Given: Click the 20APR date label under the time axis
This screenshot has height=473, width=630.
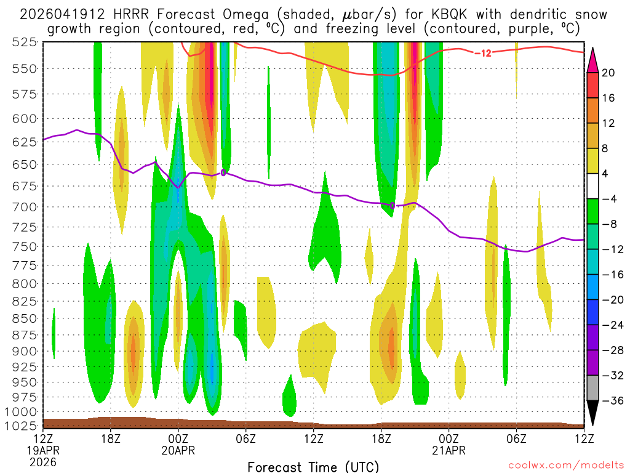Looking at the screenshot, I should (178, 450).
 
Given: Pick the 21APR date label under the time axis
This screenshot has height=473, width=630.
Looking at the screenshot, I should (449, 450).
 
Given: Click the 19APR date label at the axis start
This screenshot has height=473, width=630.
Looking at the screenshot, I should (43, 450).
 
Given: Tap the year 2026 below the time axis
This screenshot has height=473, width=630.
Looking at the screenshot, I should (43, 461).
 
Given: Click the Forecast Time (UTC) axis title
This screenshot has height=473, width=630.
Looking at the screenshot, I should (313, 466).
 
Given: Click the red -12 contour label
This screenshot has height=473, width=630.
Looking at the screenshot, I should (483, 53).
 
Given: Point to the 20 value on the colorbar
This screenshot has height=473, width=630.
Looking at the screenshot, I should (608, 73).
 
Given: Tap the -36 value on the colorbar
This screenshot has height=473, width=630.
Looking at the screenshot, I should (611, 400).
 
